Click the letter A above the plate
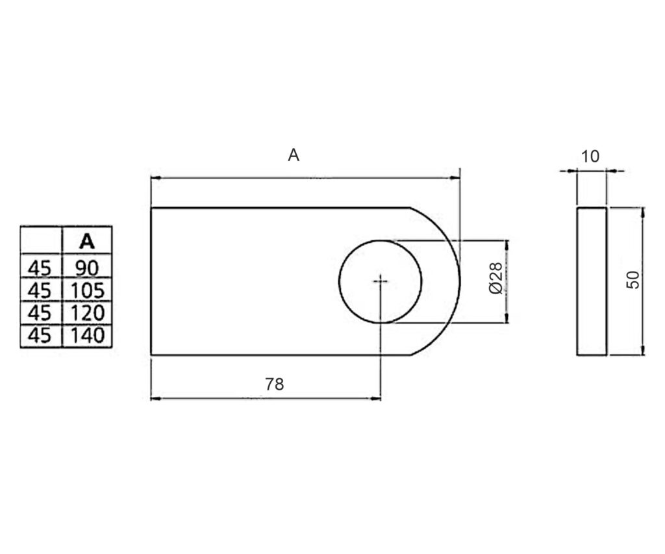click(294, 155)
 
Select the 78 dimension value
click(275, 384)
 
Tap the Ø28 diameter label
click(496, 278)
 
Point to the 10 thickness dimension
click(590, 157)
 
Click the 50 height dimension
click(633, 280)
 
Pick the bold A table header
click(87, 242)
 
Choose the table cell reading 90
click(87, 268)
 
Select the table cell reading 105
click(88, 290)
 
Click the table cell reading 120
click(88, 313)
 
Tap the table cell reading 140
click(88, 336)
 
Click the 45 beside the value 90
click(40, 268)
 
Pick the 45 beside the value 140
click(40, 336)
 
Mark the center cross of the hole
click(381, 281)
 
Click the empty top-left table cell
click(41, 240)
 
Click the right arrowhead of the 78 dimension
click(376, 399)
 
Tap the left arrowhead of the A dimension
click(156, 179)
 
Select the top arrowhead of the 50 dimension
click(643, 212)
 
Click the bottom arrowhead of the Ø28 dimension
click(507, 318)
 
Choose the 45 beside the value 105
click(40, 290)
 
